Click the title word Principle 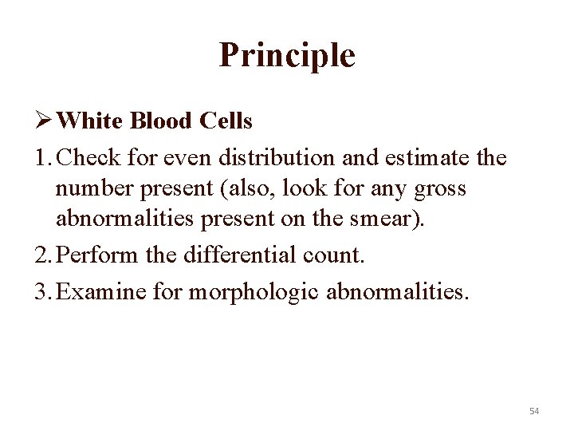click(x=286, y=56)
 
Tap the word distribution click(x=245, y=158)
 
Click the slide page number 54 click(x=533, y=411)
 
